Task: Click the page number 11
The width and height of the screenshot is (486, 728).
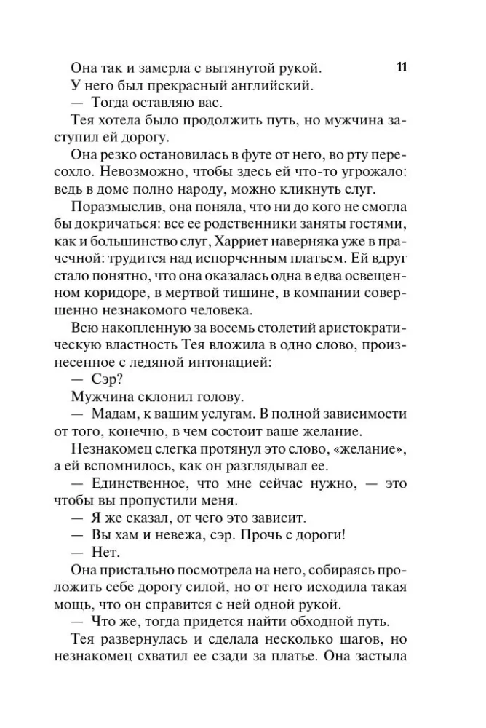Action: tap(401, 68)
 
